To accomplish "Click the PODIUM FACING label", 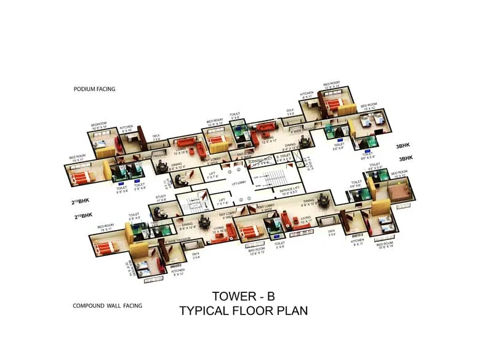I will tap(94, 89).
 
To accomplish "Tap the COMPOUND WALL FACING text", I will tap(108, 306).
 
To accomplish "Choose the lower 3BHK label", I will tap(406, 159).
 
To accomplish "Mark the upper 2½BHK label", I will tap(82, 201).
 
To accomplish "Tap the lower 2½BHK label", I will tap(84, 215).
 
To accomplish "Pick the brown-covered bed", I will tap(398, 193).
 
